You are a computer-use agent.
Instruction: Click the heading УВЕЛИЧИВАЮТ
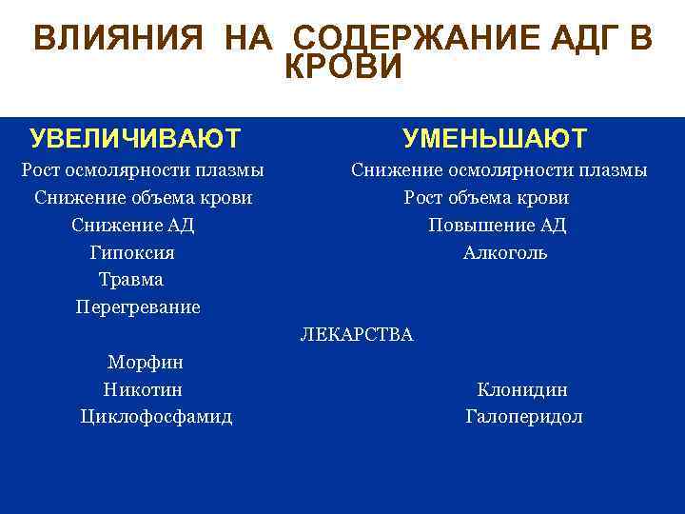135,139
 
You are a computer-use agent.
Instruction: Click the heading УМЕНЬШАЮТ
495,139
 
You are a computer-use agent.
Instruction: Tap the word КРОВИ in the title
344,67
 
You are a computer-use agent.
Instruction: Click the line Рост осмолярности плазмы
143,170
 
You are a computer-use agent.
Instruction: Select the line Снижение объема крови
143,198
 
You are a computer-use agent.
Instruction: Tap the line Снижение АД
132,226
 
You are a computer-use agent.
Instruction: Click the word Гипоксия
132,253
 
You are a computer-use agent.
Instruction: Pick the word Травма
131,280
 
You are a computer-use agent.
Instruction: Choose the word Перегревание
138,307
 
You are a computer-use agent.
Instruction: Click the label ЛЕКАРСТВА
357,335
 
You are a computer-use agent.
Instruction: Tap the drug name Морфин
146,363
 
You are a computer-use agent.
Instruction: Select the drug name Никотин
143,389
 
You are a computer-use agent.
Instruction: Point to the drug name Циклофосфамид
156,417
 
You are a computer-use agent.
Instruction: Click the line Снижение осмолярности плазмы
499,170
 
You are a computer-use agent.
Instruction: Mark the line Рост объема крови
486,198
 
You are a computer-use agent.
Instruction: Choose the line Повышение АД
497,226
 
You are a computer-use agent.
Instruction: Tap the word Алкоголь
505,253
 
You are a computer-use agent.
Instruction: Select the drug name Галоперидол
524,417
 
